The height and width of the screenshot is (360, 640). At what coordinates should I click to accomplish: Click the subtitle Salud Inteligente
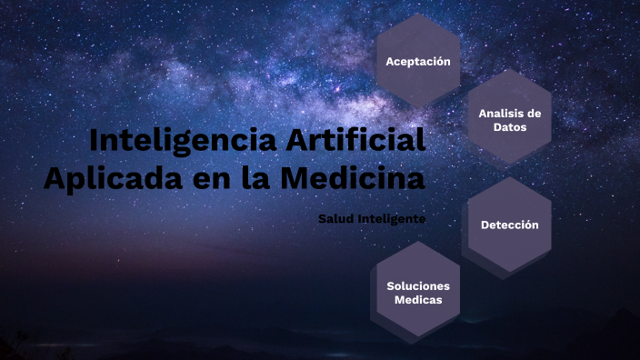pyautogui.click(x=372, y=218)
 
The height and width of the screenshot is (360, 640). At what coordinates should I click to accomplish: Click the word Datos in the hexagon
pyautogui.click(x=510, y=127)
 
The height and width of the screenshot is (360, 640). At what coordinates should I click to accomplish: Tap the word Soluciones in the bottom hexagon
pyautogui.click(x=418, y=285)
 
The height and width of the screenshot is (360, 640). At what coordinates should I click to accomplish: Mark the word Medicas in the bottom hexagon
pyautogui.click(x=418, y=299)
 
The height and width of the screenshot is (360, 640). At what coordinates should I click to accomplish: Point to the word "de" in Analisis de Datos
pyautogui.click(x=534, y=114)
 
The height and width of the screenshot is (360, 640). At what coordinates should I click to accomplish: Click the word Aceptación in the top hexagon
pyautogui.click(x=418, y=62)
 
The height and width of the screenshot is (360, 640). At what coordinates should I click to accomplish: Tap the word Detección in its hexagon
pyautogui.click(x=510, y=225)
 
